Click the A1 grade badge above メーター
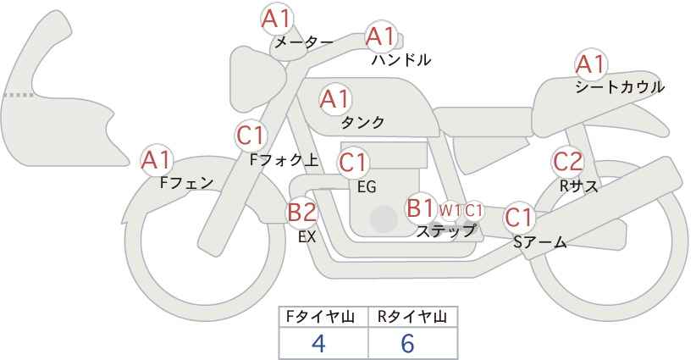(276, 19)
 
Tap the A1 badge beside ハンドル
(380, 36)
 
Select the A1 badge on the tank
(335, 99)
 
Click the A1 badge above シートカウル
(590, 64)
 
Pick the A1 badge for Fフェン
(157, 161)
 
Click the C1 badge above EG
(353, 163)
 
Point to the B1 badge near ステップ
(421, 208)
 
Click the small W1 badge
(450, 210)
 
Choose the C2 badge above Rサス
(567, 162)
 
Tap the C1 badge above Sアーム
(518, 218)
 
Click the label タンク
(362, 122)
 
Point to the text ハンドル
(401, 59)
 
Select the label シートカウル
(620, 87)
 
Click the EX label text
(307, 237)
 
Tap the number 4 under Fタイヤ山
(318, 343)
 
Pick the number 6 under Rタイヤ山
(407, 343)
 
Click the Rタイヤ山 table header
(412, 318)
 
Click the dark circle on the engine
(384, 219)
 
